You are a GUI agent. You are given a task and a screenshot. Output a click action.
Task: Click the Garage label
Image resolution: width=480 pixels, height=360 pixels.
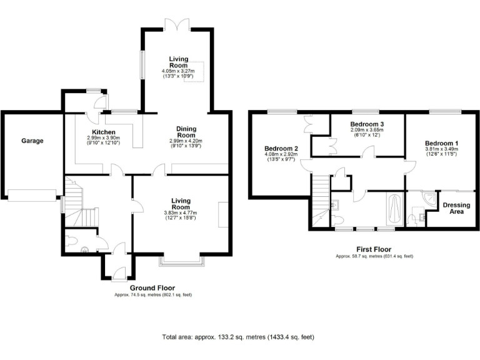[32, 141]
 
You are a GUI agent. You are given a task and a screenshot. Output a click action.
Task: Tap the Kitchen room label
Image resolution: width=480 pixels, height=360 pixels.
[103, 132]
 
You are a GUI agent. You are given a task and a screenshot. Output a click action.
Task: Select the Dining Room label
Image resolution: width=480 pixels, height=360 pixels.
[186, 132]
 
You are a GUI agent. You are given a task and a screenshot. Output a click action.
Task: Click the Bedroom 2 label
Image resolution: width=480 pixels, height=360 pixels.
[276, 149]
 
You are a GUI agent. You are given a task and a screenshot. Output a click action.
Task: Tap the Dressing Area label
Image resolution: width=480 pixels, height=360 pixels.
[456, 208]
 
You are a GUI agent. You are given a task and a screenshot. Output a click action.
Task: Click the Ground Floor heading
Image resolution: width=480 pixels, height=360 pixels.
[152, 288]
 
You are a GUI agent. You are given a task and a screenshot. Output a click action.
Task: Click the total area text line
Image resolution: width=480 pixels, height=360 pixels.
[238, 337]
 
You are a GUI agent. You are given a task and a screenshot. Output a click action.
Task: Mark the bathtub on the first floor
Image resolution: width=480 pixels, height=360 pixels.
[394, 209]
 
